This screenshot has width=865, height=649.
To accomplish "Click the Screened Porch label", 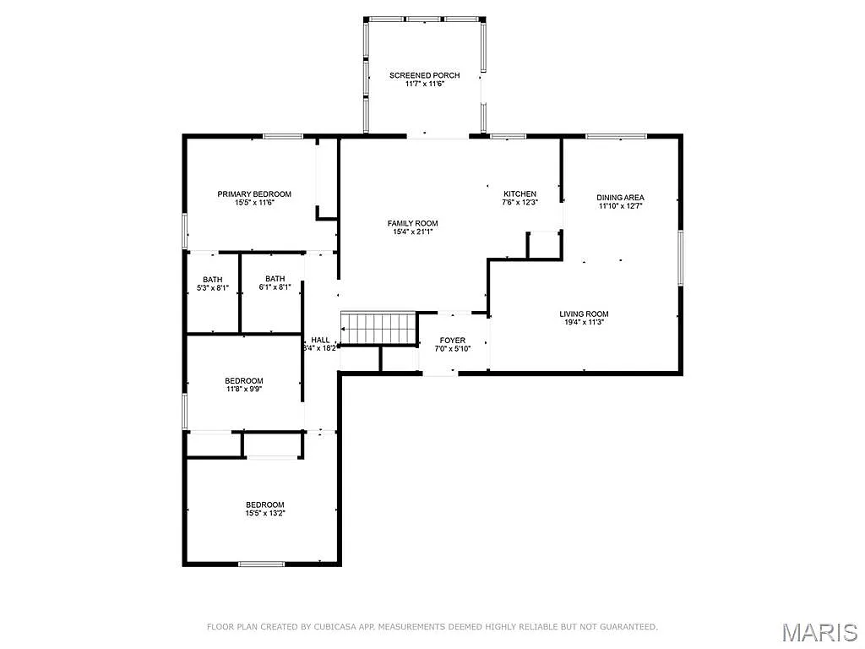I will [424, 76].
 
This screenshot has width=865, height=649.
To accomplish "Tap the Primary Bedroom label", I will [254, 194].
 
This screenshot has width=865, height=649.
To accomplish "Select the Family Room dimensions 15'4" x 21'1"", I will [412, 232].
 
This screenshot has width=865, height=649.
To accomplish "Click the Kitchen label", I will [520, 194].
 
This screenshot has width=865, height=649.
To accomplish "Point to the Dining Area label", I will [621, 198].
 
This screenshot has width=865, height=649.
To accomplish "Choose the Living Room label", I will [584, 314].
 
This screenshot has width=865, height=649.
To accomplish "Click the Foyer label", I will [452, 341].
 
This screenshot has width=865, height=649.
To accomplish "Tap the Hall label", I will [320, 340].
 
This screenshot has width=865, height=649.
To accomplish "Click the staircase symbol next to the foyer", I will [379, 328].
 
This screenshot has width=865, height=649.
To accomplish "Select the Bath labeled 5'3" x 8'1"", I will [212, 280].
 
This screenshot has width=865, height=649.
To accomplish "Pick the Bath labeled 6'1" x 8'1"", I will [275, 279].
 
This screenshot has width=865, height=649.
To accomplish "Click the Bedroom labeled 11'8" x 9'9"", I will [243, 380].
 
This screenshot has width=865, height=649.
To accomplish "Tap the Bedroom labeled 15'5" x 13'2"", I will [264, 504].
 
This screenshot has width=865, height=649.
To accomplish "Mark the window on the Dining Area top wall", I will [616, 136].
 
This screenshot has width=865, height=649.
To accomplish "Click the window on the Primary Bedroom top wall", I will [282, 136].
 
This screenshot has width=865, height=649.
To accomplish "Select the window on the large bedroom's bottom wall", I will [261, 564].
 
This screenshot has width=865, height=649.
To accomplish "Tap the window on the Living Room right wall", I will [680, 258].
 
